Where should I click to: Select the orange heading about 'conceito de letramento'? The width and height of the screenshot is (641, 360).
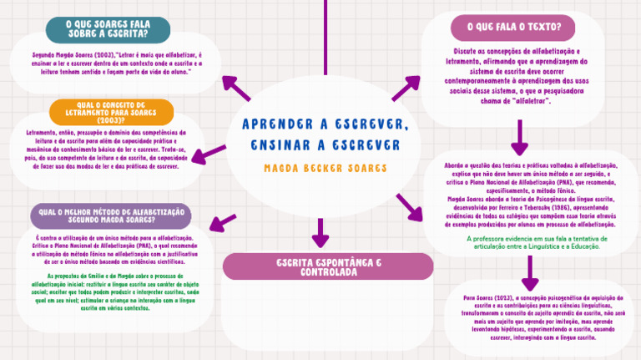click(112, 111)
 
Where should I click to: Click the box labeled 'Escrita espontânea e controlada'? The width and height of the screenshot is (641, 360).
click(328, 266)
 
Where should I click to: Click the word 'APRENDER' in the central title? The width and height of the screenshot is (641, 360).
click(276, 124)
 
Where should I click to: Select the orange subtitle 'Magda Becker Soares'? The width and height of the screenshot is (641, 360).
click(325, 168)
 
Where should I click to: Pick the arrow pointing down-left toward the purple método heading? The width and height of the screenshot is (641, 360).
click(221, 221)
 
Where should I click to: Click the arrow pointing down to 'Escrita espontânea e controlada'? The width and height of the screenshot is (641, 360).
click(320, 231)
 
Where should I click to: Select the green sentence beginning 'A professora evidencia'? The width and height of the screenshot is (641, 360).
click(532, 242)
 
